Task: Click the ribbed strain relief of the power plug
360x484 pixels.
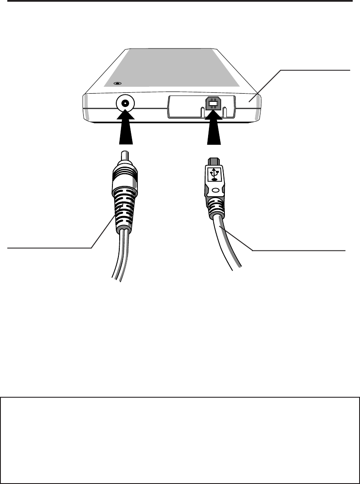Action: pos(124,206)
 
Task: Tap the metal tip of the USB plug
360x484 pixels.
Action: pos(213,161)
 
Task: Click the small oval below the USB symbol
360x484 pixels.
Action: pos(215,189)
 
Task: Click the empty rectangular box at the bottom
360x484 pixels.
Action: pos(180,440)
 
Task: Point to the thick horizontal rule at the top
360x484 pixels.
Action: pos(180,2)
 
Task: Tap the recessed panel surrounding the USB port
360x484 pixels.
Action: pos(180,105)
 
